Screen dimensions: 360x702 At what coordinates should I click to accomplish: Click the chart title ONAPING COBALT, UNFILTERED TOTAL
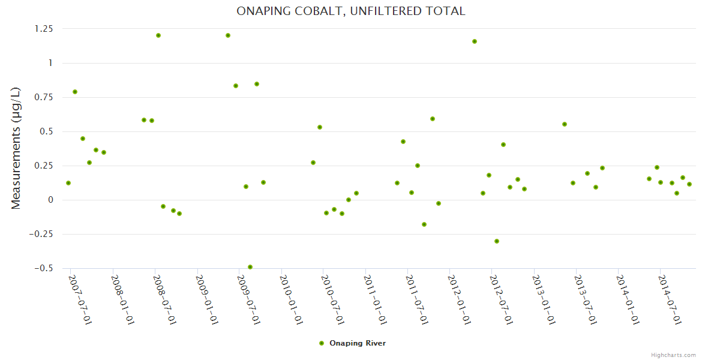351,11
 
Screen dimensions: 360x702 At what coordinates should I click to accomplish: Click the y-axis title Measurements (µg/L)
16,148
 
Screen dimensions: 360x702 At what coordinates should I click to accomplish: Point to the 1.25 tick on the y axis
43,29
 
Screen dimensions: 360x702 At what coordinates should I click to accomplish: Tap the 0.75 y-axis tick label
43,97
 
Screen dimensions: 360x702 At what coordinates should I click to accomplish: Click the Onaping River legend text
358,343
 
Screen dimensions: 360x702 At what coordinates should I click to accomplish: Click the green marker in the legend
322,343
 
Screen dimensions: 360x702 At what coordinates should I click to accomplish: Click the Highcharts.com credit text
673,355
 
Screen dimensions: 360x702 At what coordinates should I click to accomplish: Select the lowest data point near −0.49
250,267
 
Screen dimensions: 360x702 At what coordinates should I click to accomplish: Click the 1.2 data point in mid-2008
158,35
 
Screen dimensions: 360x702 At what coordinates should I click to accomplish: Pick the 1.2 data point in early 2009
228,35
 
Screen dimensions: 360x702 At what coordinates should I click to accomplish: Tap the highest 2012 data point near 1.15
475,41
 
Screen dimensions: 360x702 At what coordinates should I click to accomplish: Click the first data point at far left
68,183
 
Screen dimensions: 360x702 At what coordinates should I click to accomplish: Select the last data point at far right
689,184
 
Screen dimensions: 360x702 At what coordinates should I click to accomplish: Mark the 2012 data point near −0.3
497,241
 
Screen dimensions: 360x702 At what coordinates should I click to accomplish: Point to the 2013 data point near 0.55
565,124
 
